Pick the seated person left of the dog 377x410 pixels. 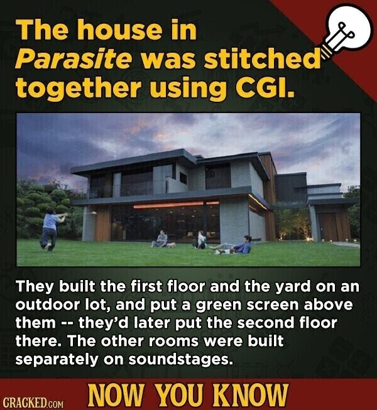click(161, 239)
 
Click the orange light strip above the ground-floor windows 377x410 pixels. click(177, 204)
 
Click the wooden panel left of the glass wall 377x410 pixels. click(102, 222)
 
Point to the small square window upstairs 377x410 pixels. click(183, 178)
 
